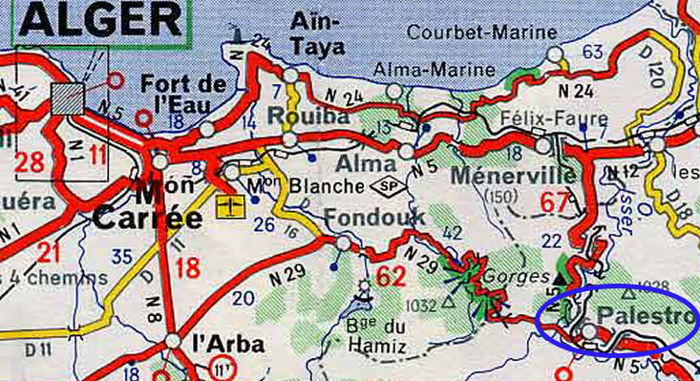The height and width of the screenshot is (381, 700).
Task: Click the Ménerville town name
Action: click(x=513, y=176)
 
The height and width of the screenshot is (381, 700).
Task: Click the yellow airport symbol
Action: click(x=229, y=205)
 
